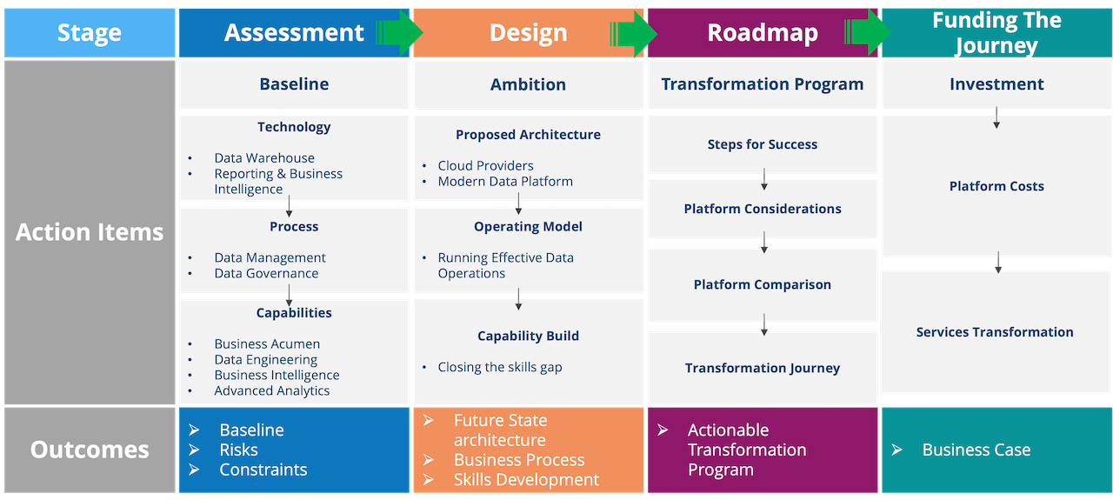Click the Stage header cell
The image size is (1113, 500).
(x=89, y=33)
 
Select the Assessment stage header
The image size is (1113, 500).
(x=294, y=33)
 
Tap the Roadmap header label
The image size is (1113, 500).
(x=762, y=33)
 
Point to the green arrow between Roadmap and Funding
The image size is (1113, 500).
(x=868, y=33)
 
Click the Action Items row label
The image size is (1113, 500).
(x=89, y=232)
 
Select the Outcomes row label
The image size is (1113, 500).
(x=89, y=450)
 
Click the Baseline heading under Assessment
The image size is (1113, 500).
(x=294, y=84)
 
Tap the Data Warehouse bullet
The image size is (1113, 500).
(x=264, y=158)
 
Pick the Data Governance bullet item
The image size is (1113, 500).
(x=266, y=273)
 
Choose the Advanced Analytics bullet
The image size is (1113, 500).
(x=271, y=390)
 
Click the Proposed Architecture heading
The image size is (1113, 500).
(x=528, y=135)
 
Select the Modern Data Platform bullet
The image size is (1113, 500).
(x=505, y=182)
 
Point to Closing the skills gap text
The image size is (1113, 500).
(x=500, y=367)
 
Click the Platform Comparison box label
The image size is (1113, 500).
(x=762, y=284)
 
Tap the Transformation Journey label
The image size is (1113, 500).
(x=762, y=368)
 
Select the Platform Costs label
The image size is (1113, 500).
(x=996, y=186)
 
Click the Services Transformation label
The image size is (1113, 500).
(x=995, y=332)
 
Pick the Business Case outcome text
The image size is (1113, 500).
(x=976, y=450)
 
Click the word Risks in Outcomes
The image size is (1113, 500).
(x=238, y=450)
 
